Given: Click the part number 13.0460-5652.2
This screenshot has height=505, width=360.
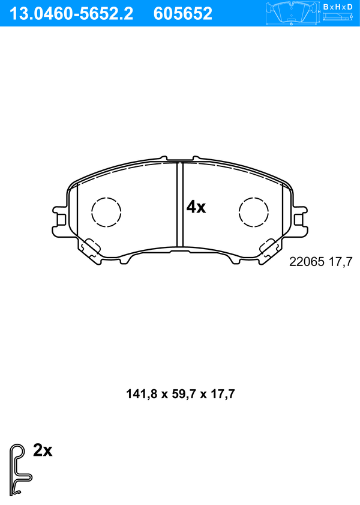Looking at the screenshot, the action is point(71,14).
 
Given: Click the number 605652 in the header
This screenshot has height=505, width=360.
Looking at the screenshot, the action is point(183,14).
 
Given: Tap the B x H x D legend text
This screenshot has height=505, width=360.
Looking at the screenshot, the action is point(338,7).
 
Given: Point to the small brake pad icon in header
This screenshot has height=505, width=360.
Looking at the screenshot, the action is point(292,14).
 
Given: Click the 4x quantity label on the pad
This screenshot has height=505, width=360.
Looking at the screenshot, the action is point(196,207).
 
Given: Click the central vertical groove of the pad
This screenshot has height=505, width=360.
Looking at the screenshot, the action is point(180,204).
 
